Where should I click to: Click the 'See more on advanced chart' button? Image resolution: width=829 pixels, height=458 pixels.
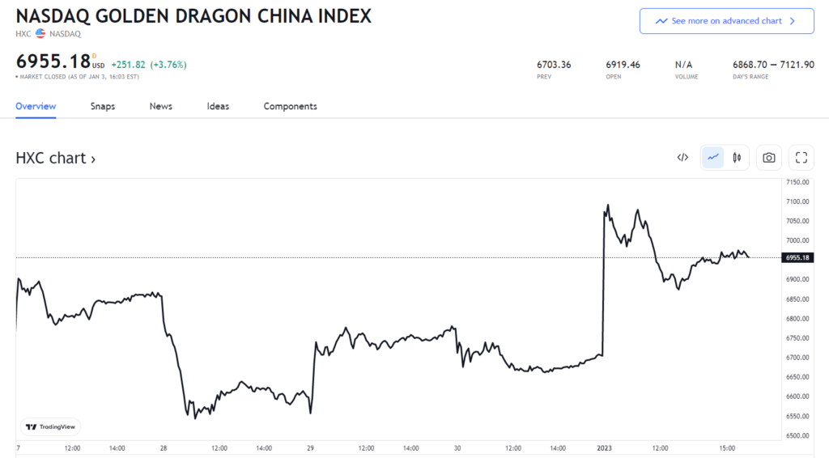click(726, 21)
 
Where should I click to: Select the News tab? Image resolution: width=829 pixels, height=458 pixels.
click(160, 106)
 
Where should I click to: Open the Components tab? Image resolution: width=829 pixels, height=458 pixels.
click(290, 106)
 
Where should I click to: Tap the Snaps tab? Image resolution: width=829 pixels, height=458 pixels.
click(102, 106)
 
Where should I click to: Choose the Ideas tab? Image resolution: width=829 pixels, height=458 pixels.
click(218, 106)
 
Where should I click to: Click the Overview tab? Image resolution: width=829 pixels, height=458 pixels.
click(36, 106)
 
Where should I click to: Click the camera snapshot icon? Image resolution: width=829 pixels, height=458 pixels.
click(768, 158)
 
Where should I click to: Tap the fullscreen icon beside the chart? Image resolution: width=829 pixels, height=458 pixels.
click(801, 158)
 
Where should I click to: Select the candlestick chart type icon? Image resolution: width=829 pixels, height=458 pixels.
click(737, 158)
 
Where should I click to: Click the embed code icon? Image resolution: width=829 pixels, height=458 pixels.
click(682, 158)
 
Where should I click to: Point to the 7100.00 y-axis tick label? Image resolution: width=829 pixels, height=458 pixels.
click(797, 201)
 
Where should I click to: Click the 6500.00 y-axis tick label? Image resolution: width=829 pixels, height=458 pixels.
click(797, 435)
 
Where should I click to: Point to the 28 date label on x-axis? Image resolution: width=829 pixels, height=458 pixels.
click(164, 447)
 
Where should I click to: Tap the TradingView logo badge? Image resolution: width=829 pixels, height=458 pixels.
click(50, 426)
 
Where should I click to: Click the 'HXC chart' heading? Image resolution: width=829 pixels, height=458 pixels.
click(55, 158)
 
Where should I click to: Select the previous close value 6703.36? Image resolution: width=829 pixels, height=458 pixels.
click(554, 65)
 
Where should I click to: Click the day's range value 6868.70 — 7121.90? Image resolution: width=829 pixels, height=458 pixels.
click(773, 65)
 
